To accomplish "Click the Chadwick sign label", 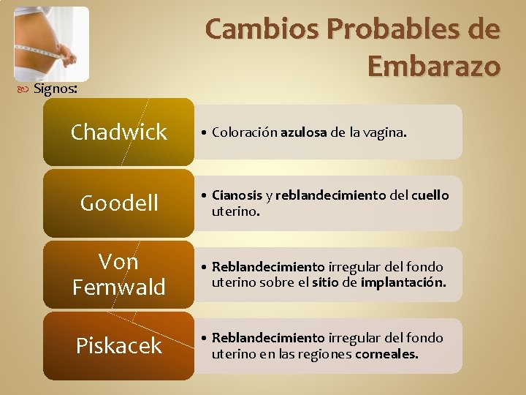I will tap(118, 132).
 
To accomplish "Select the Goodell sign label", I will tap(118, 203).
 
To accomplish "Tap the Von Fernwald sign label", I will tap(118, 274).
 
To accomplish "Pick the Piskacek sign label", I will tap(118, 345).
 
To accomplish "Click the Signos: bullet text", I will tap(56, 89).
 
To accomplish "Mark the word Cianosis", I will tap(237, 196).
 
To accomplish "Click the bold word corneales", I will tap(386, 354).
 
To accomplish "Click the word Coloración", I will tap(245, 133).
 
